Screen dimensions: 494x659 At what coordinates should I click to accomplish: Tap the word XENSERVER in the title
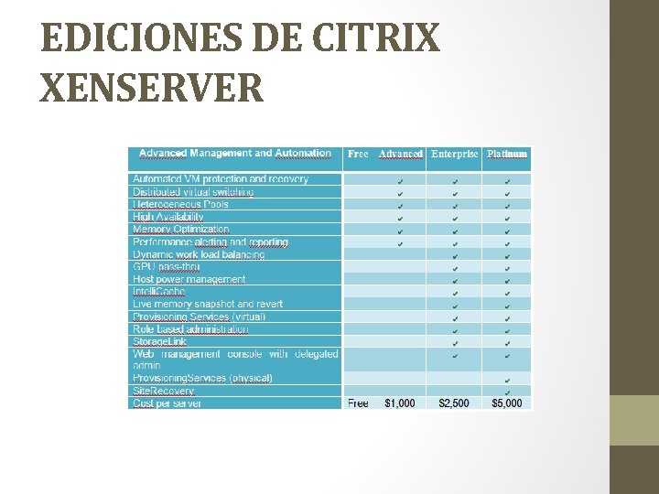tap(152, 88)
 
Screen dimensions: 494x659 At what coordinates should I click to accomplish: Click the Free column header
tap(358, 155)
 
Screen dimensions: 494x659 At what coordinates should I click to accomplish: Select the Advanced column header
tap(400, 155)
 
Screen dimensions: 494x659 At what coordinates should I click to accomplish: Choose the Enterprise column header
tap(454, 155)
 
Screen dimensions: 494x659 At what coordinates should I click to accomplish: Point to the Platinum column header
tap(507, 155)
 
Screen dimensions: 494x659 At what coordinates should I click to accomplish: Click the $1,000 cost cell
tap(400, 403)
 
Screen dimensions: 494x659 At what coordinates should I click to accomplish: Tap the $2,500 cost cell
tap(454, 403)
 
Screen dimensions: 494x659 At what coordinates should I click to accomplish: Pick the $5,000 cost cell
tap(507, 403)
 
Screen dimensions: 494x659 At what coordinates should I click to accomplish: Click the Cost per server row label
tap(167, 403)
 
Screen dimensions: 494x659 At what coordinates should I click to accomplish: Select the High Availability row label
tap(167, 218)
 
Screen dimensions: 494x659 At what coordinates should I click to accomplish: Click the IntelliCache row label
tap(158, 292)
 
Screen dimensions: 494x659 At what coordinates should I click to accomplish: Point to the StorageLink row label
tap(159, 341)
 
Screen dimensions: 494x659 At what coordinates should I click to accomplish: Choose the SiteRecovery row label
tap(164, 392)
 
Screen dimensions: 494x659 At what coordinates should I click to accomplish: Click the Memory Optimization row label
tap(181, 230)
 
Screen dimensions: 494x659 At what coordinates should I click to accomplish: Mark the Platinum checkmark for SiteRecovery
tap(507, 392)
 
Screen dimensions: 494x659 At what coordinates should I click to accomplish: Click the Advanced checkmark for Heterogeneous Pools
tap(400, 205)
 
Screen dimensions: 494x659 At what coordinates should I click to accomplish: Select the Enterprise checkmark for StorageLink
tap(455, 342)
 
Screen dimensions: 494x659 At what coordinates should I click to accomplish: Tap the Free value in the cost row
tap(358, 403)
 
